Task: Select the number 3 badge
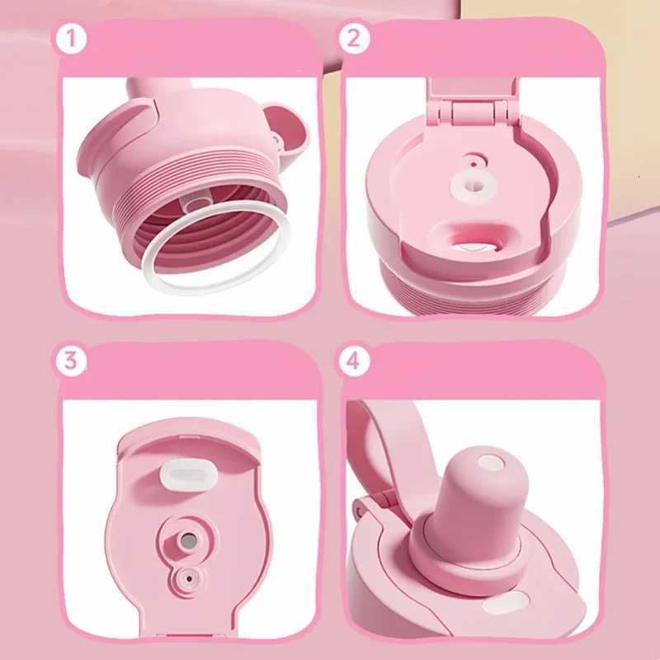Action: point(71,361)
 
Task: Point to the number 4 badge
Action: point(355,361)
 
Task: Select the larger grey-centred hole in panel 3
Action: point(189,540)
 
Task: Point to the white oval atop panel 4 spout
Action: point(490,463)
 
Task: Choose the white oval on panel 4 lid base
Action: point(500,607)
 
